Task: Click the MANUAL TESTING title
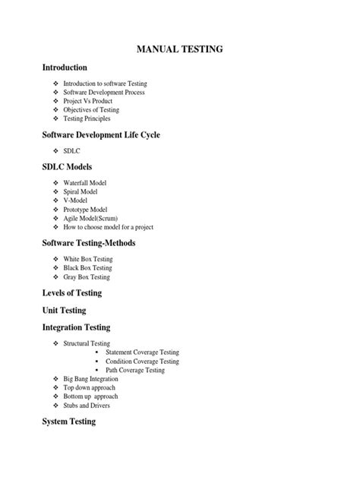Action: pos(179,50)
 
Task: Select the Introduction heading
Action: pos(70,68)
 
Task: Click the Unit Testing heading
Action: pos(65,310)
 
